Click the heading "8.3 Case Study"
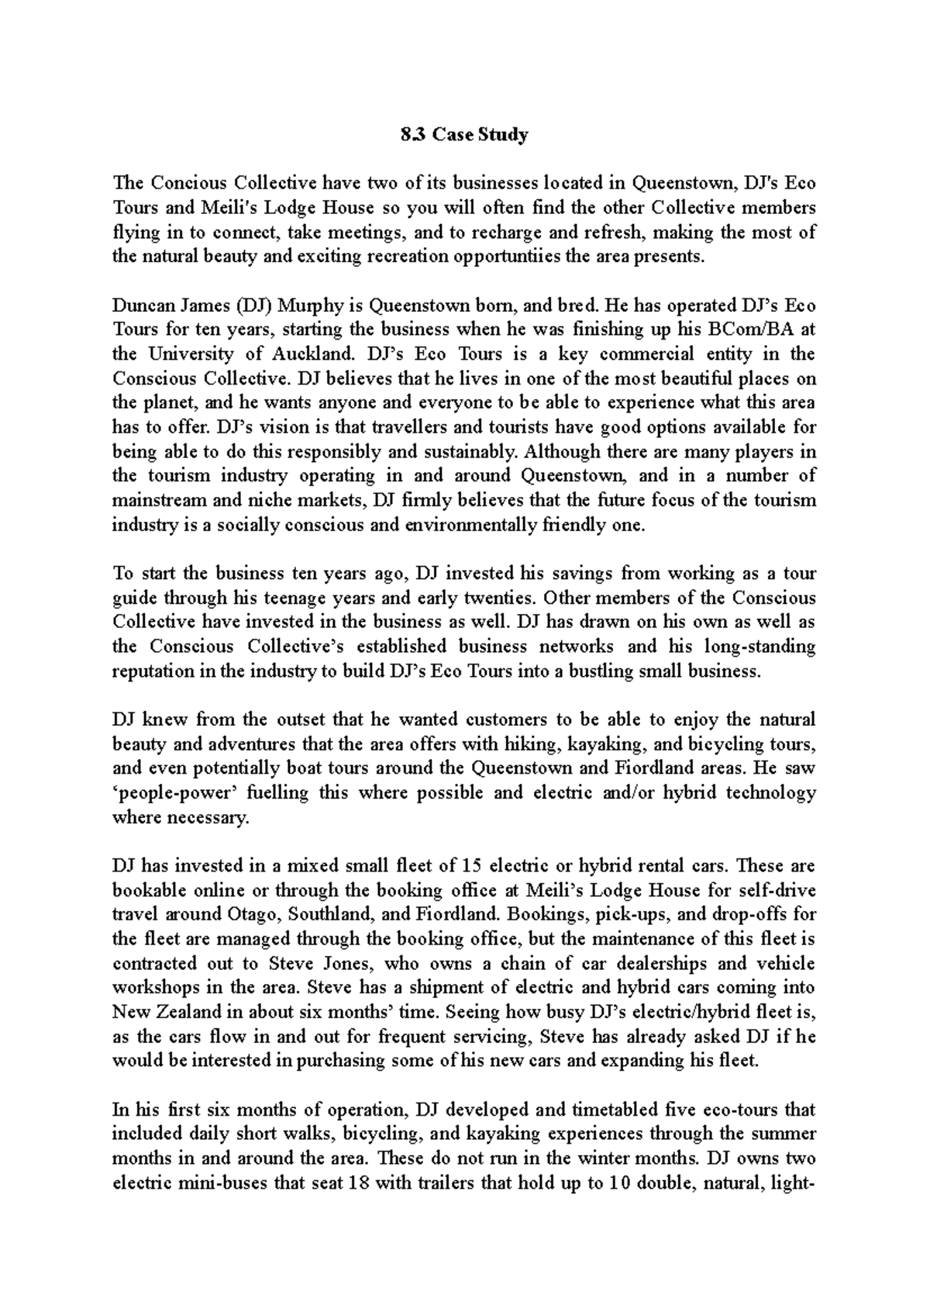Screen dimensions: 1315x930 coord(465,135)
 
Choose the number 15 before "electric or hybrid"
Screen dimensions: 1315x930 coord(471,866)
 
